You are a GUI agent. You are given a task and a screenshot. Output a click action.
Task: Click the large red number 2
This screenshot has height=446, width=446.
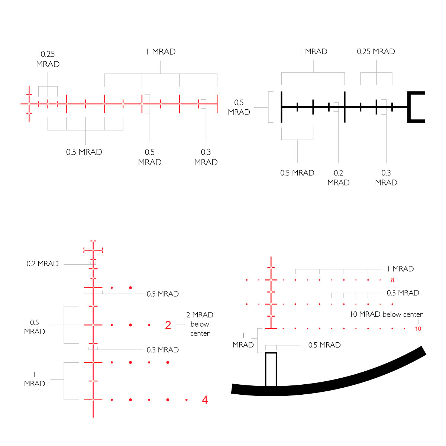pos(168,325)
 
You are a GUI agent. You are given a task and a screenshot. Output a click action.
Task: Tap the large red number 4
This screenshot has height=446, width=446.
pos(205,400)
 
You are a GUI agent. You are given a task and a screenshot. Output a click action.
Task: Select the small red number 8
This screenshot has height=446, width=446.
pos(392,280)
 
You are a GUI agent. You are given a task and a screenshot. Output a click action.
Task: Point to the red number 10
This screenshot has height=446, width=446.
pos(418,329)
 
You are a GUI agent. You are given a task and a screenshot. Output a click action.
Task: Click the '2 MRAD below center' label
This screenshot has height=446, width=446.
pos(200,324)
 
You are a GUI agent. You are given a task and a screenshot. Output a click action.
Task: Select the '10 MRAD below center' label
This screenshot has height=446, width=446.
pos(386,314)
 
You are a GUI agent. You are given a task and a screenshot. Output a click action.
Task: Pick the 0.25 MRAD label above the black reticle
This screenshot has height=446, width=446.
pos(376,51)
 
